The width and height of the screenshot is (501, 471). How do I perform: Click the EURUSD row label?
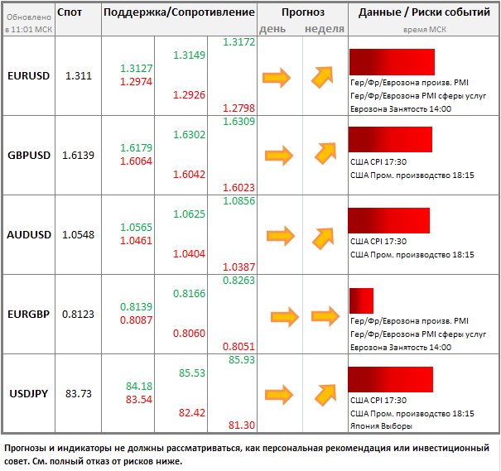coord(28,75)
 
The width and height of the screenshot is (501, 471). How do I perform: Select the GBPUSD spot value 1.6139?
coord(78,155)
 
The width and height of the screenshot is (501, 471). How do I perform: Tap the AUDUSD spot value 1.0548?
coord(78,234)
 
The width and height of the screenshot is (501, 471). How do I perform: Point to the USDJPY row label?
coord(28,393)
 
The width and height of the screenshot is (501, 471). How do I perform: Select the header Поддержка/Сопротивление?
coord(180,13)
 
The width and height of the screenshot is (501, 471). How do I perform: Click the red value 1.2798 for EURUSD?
coord(238,109)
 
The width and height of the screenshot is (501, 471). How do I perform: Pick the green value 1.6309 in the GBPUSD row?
coord(239,122)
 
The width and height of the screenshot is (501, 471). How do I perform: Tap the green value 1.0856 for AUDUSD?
coord(239,201)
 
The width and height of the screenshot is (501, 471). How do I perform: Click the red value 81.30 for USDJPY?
coord(240,425)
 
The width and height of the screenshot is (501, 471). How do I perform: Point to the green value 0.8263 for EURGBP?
coord(239,281)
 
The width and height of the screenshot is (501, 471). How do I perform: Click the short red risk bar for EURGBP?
coord(361,300)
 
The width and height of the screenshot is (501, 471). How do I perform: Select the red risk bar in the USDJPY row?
coord(391,379)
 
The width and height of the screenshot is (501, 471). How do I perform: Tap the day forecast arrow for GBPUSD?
coord(278,155)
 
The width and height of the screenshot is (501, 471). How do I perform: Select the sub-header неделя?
coord(325,29)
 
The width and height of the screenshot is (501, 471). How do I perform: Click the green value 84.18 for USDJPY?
coord(139,387)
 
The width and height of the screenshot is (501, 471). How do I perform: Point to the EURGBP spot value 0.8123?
coord(78,315)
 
